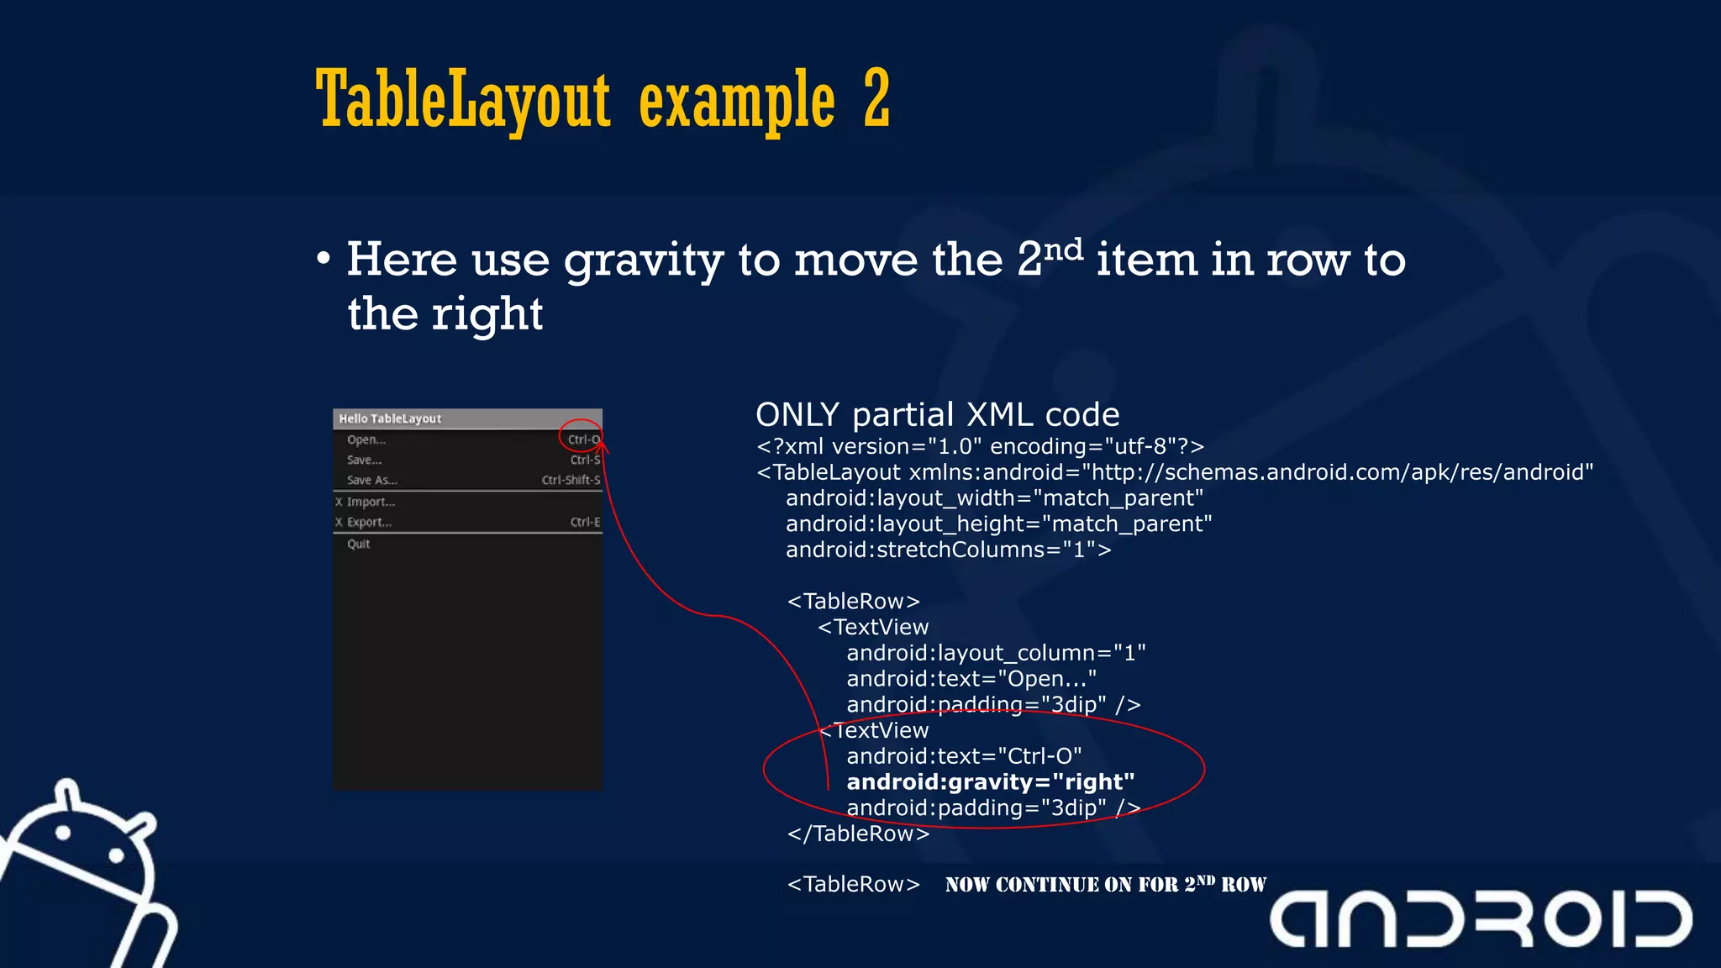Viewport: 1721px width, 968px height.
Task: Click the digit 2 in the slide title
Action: pyautogui.click(x=876, y=99)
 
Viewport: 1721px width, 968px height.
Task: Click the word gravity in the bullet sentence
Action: pyautogui.click(x=643, y=260)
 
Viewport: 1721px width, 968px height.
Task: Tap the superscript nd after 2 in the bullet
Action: pyautogui.click(x=1063, y=250)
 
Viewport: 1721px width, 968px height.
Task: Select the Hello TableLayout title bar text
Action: pyautogui.click(x=390, y=418)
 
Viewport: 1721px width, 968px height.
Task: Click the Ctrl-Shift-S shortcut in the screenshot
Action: pyautogui.click(x=571, y=480)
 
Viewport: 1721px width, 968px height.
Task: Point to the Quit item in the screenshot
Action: pyautogui.click(x=359, y=544)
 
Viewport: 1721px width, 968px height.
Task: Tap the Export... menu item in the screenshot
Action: pyautogui.click(x=369, y=522)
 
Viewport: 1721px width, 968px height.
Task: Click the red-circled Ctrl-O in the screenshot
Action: pyautogui.click(x=583, y=439)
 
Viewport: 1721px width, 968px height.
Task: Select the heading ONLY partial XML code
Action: pyautogui.click(x=937, y=415)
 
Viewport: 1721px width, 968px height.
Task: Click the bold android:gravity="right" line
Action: pyautogui.click(x=990, y=781)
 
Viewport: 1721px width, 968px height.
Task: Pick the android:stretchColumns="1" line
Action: pyautogui.click(x=948, y=550)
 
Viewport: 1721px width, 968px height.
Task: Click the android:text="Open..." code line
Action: pyautogui.click(x=971, y=678)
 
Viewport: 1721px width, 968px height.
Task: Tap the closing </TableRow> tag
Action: pyautogui.click(x=858, y=834)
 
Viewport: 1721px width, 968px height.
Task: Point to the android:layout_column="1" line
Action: pyautogui.click(x=996, y=653)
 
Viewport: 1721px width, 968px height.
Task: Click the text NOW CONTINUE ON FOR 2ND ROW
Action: pyautogui.click(x=1105, y=884)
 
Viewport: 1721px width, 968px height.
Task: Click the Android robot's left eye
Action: pyautogui.click(x=63, y=834)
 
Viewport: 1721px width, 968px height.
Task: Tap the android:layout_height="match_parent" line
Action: pyautogui.click(x=998, y=523)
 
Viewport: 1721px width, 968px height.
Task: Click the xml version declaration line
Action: pyautogui.click(x=980, y=446)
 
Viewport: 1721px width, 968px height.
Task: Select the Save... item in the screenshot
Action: pyautogui.click(x=364, y=460)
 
